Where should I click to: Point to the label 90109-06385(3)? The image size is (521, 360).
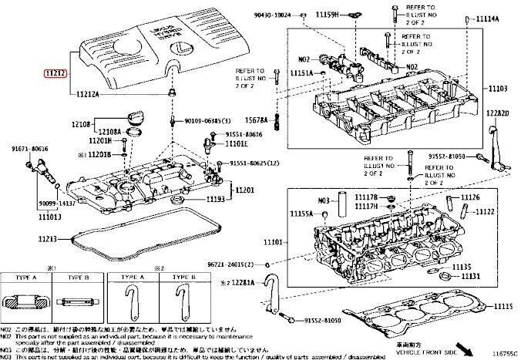click(x=213, y=121)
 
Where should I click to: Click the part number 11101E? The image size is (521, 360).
click(x=237, y=143)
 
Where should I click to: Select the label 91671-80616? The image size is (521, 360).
click(x=29, y=148)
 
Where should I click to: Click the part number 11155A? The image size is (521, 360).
click(x=301, y=213)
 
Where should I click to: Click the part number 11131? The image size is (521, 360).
click(x=471, y=276)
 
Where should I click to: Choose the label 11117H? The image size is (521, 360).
click(x=366, y=206)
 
